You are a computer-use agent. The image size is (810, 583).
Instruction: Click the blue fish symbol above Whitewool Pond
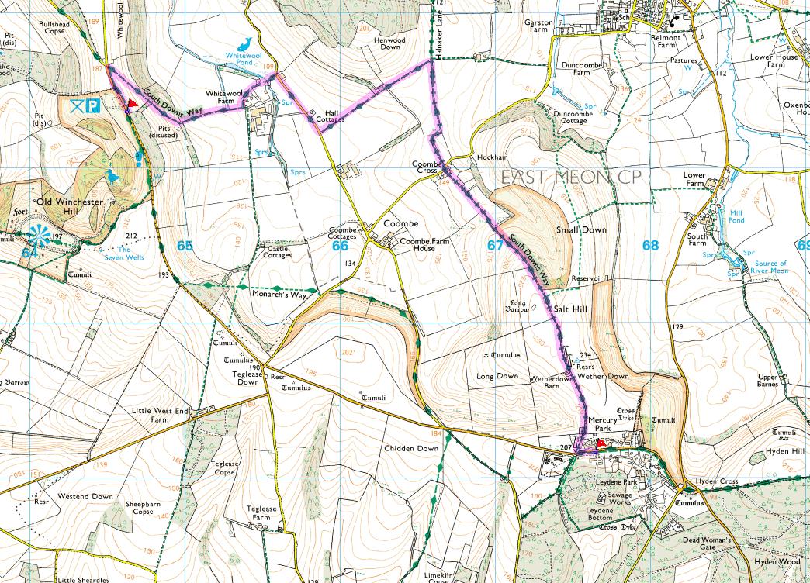[x=245, y=43]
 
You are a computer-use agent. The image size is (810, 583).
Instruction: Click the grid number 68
[x=650, y=246]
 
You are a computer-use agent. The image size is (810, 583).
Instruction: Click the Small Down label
[x=581, y=230]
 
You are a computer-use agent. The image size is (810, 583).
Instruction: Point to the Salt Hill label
[x=572, y=309]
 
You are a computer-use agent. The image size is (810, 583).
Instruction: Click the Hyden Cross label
[x=716, y=481]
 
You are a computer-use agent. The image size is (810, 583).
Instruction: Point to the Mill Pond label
[x=736, y=216]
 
